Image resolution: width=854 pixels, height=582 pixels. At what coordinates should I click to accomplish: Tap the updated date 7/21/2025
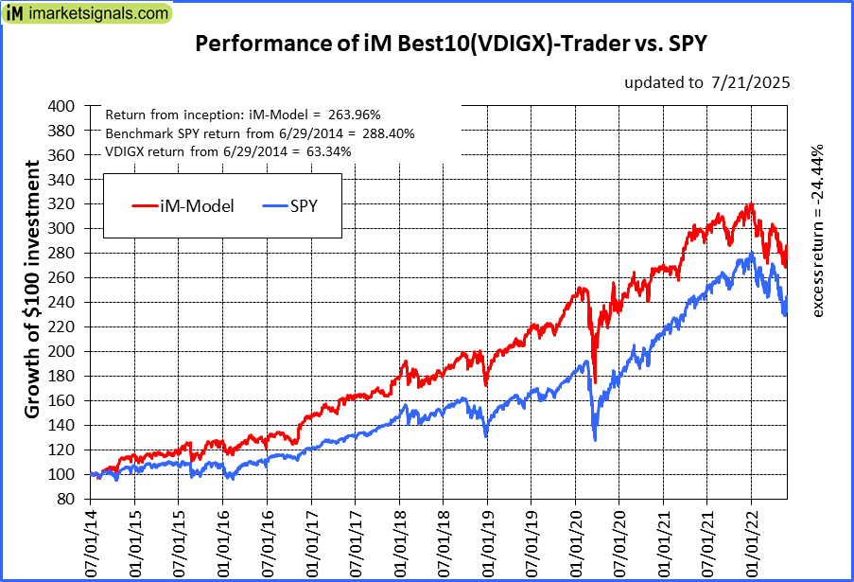click(707, 82)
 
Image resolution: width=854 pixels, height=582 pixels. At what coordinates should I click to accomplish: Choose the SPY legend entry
click(302, 203)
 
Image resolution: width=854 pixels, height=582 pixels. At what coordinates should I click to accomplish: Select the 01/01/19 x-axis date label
click(488, 541)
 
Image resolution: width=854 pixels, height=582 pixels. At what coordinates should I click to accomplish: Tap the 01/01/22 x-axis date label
click(751, 541)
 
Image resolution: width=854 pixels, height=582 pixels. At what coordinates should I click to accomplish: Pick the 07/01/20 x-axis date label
click(619, 541)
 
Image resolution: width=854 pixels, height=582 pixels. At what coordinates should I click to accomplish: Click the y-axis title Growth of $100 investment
click(32, 290)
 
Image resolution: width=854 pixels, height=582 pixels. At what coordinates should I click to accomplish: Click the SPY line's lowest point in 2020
click(595, 440)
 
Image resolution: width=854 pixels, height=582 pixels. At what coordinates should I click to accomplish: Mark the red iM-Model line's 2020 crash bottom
click(595, 382)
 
